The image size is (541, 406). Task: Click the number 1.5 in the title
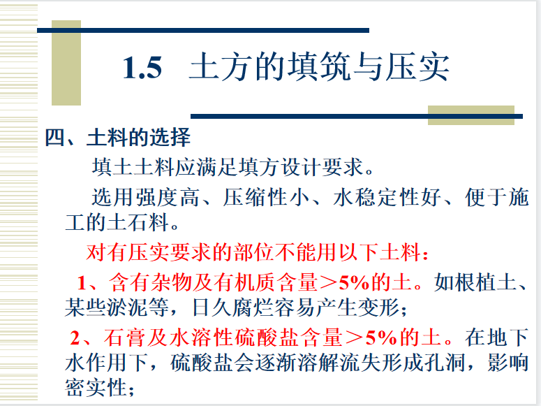coord(142,67)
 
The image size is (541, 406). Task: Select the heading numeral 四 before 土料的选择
coord(55,137)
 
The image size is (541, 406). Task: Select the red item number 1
coord(82,282)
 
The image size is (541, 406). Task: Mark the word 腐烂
coord(253,307)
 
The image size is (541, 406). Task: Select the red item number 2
coord(75,338)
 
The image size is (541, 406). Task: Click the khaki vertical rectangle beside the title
coord(66,63)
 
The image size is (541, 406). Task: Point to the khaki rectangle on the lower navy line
coord(471,115)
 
